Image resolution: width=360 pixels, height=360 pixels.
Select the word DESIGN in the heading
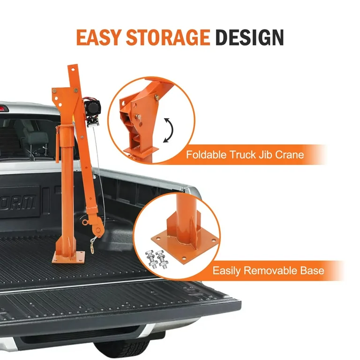click(x=250, y=37)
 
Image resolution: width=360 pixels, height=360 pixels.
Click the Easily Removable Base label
click(x=268, y=270)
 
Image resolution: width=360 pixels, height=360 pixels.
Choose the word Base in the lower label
click(x=312, y=270)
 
